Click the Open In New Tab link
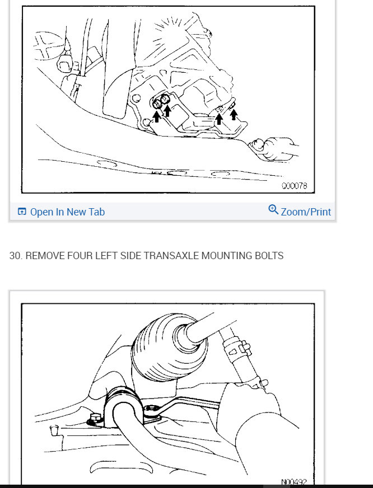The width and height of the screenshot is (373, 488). pyautogui.click(x=67, y=212)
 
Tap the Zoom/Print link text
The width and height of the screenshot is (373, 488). pyautogui.click(x=306, y=212)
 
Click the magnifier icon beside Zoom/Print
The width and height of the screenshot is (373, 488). pyautogui.click(x=273, y=210)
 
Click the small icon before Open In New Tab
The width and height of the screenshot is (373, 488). pyautogui.click(x=22, y=212)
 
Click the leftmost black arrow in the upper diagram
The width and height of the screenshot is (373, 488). pyautogui.click(x=157, y=115)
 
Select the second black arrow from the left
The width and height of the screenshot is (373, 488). pyautogui.click(x=167, y=110)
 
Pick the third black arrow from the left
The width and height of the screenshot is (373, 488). pyautogui.click(x=219, y=117)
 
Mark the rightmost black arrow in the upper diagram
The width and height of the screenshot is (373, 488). pyautogui.click(x=234, y=114)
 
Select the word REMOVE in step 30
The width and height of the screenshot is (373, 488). pyautogui.click(x=45, y=256)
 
